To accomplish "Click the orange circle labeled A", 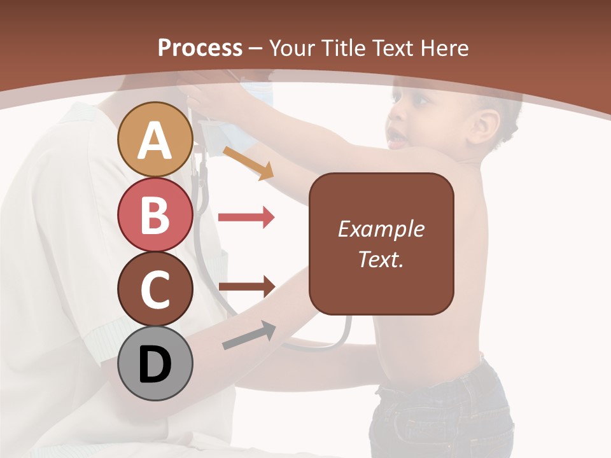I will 155,140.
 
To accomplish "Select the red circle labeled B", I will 155,215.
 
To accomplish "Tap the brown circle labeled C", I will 155,289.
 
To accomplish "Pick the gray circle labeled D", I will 155,364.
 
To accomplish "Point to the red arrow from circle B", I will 246,218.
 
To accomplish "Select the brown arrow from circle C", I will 246,286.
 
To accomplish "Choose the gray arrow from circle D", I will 248,336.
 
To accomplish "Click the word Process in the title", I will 200,48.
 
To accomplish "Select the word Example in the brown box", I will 381,229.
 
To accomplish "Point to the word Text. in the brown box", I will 381,259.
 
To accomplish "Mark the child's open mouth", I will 395,137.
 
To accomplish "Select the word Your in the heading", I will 290,48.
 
